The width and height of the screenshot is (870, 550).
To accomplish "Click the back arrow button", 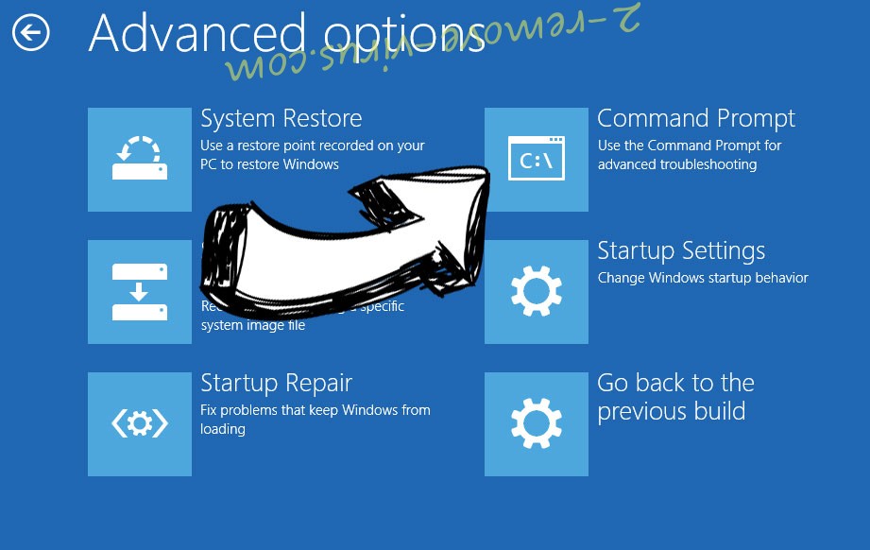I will pos(30,34).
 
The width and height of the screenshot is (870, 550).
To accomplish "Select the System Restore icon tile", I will pos(140,160).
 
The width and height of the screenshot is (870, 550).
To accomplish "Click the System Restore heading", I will pos(281,119).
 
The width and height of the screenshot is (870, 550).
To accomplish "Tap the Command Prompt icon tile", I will pos(536,160).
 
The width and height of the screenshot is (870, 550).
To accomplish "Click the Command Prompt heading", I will pos(695,119).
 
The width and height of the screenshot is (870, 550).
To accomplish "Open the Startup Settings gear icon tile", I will pos(536,292).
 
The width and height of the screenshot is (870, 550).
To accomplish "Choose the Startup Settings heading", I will pos(680,251).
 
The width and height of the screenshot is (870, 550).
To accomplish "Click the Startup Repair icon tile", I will pos(140,424).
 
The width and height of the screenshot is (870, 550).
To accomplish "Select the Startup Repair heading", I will pos(276,384).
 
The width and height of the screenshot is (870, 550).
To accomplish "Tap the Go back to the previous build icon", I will pos(536,424).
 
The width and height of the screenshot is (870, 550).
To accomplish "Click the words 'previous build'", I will pos(671,412).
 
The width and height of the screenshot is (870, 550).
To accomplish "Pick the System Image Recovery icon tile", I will pos(140,292).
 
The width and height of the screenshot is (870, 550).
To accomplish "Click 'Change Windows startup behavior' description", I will pos(703,278).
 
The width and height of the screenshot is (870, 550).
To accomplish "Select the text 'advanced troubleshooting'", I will pos(676,164).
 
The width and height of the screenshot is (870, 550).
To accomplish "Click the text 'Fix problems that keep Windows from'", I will pos(315,410).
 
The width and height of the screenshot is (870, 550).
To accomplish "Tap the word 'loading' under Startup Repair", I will pos(223,429).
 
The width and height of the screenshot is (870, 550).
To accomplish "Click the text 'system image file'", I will pos(253,325).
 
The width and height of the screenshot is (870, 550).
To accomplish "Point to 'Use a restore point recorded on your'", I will pos(312,146).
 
